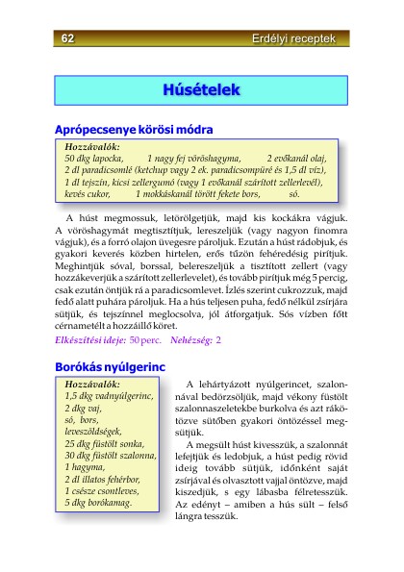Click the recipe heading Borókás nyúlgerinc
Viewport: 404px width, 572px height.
coord(111,366)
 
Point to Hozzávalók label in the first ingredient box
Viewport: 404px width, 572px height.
coord(93,145)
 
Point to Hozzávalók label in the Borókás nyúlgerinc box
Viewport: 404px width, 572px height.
coord(93,384)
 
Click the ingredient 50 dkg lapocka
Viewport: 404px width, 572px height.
coord(94,157)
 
